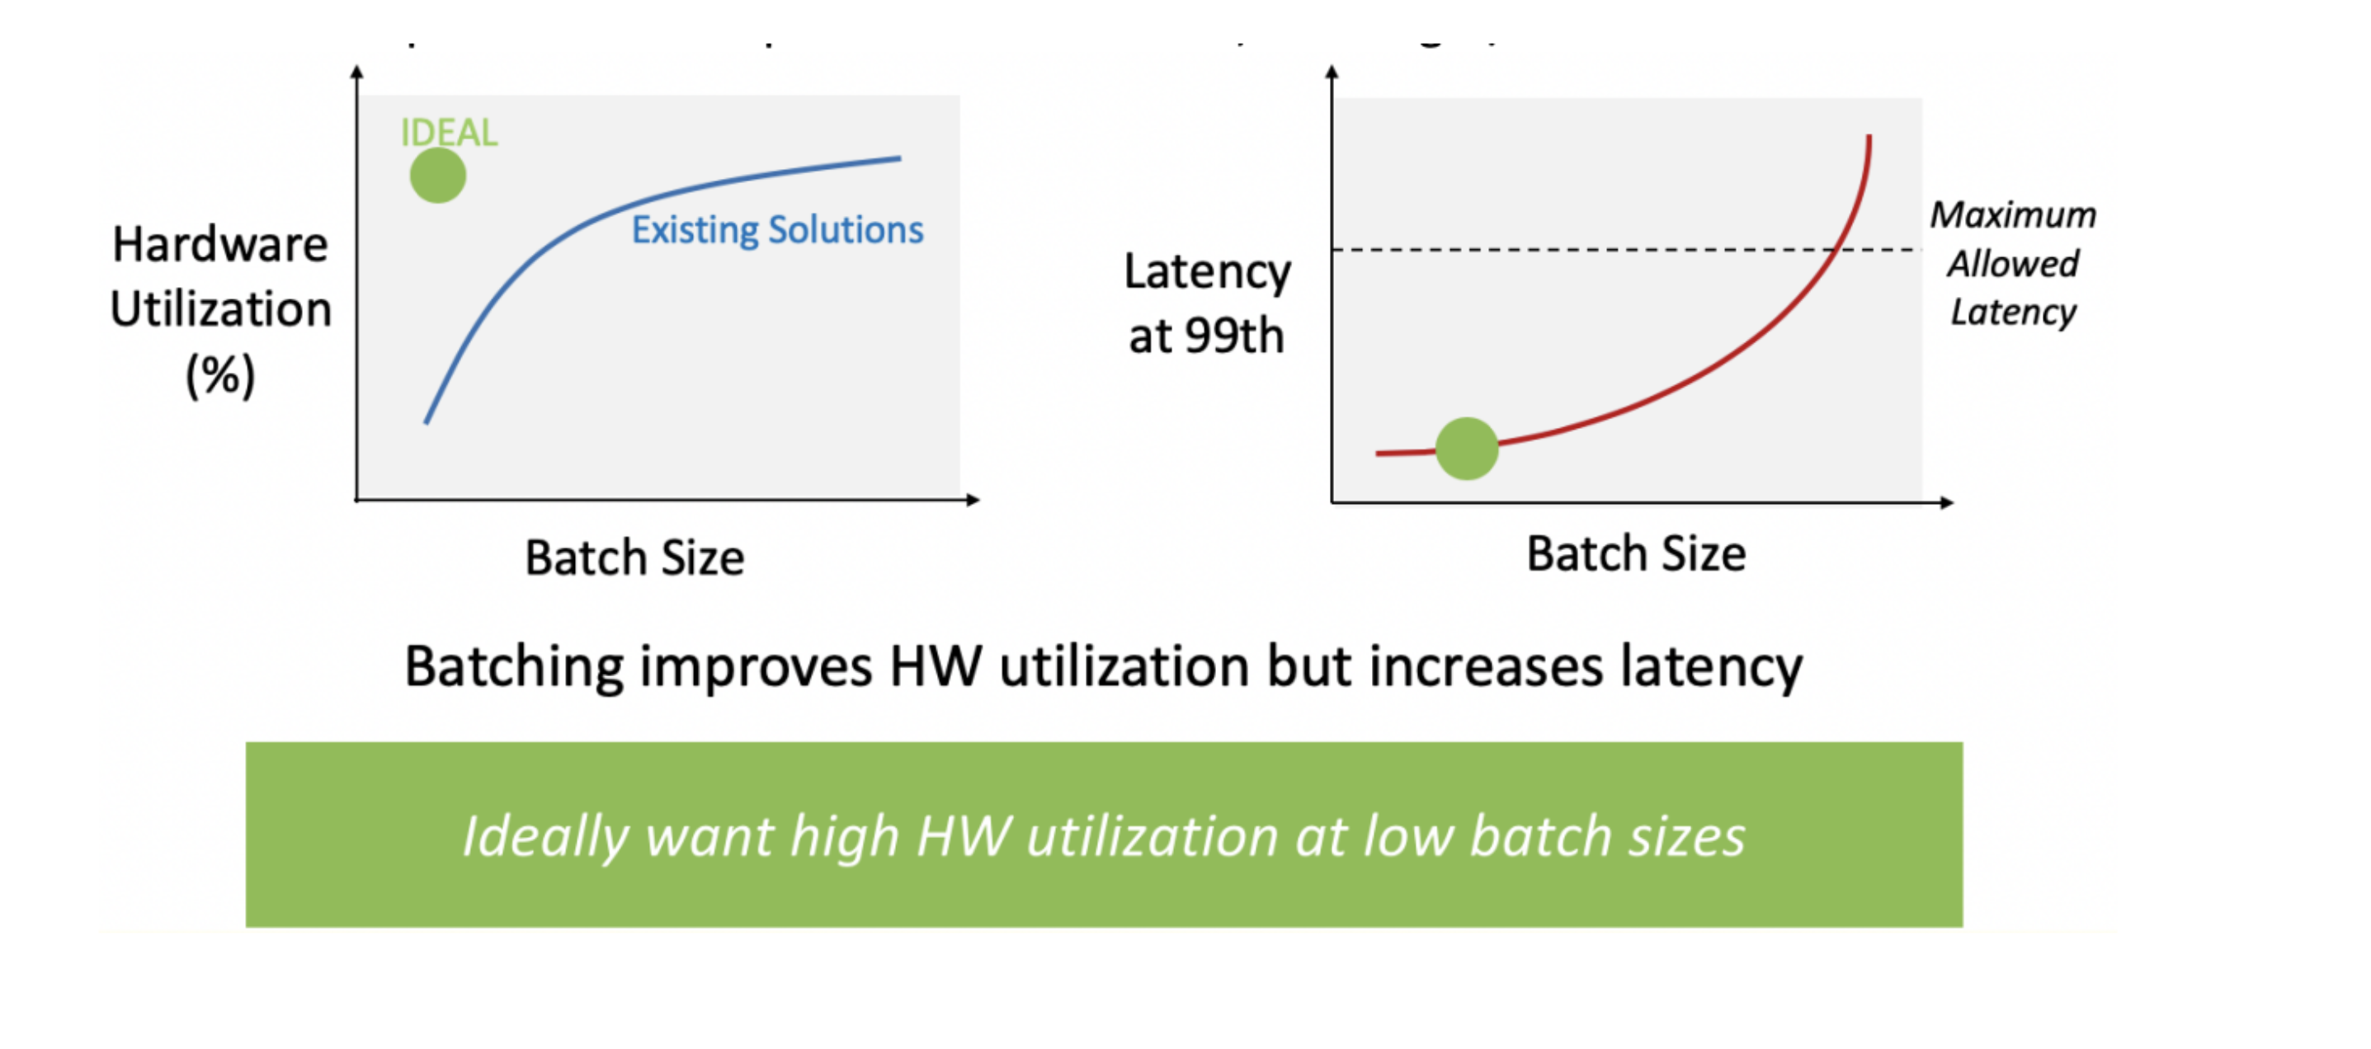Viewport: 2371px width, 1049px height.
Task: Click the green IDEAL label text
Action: click(449, 133)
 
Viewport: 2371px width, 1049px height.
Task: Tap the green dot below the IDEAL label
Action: click(438, 175)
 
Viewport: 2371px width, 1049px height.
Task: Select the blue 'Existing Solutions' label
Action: click(777, 230)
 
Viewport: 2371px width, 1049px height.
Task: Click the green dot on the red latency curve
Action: click(1467, 448)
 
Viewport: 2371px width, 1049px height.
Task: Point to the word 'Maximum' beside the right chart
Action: click(2013, 214)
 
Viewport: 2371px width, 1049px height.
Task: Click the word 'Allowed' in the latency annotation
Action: click(2013, 264)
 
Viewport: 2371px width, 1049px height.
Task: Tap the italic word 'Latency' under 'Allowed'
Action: click(2013, 313)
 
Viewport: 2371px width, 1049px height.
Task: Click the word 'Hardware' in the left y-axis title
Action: click(220, 245)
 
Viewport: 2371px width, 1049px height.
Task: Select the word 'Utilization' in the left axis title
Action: click(221, 309)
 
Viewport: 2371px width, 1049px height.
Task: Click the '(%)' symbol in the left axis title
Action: click(220, 375)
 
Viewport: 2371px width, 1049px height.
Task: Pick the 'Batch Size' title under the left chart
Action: click(634, 557)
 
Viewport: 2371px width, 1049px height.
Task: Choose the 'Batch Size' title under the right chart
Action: click(1637, 554)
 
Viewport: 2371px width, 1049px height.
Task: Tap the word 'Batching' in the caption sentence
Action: click(514, 668)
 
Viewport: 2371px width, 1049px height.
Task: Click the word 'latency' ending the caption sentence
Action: click(1711, 668)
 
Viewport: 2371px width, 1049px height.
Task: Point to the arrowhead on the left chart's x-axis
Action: click(973, 500)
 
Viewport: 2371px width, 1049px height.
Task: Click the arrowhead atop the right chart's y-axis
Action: click(1332, 71)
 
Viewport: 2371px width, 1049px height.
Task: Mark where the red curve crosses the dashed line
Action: click(1836, 249)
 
